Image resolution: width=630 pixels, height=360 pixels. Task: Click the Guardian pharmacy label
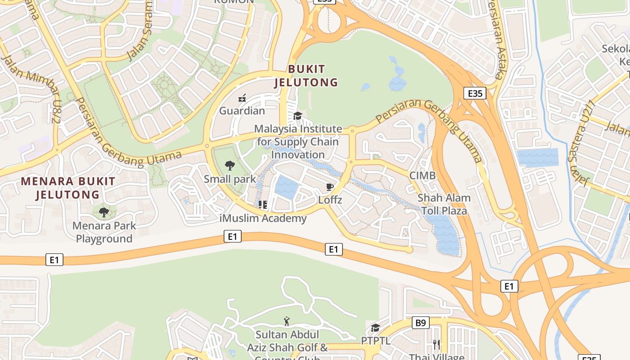[x=242, y=111]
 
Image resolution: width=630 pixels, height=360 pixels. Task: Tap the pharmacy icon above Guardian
[x=242, y=98]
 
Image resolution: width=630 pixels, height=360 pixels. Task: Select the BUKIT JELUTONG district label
[x=306, y=76]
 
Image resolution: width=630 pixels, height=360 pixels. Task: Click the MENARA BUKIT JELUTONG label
[x=68, y=188]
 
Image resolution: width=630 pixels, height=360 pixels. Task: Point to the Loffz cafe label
[x=330, y=199]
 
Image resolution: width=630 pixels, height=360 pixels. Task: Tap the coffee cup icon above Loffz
[x=330, y=187]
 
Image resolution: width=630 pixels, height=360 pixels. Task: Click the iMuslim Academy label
[x=263, y=219]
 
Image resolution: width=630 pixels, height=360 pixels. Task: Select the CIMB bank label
[x=422, y=175]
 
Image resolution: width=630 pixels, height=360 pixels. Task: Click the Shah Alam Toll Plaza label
[x=444, y=204]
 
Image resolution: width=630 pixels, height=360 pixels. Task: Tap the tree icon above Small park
[x=230, y=166]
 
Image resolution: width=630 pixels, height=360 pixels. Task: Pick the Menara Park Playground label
[x=104, y=232]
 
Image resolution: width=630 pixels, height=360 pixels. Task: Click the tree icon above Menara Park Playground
[x=104, y=212]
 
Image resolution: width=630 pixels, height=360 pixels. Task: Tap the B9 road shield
[x=420, y=323]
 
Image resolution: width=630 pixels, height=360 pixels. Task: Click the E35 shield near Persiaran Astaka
[x=475, y=94]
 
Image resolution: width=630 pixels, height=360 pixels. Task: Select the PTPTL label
[x=376, y=341]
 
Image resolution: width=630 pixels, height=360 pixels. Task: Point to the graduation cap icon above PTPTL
[x=376, y=328]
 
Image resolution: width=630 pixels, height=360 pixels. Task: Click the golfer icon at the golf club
[x=287, y=321]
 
